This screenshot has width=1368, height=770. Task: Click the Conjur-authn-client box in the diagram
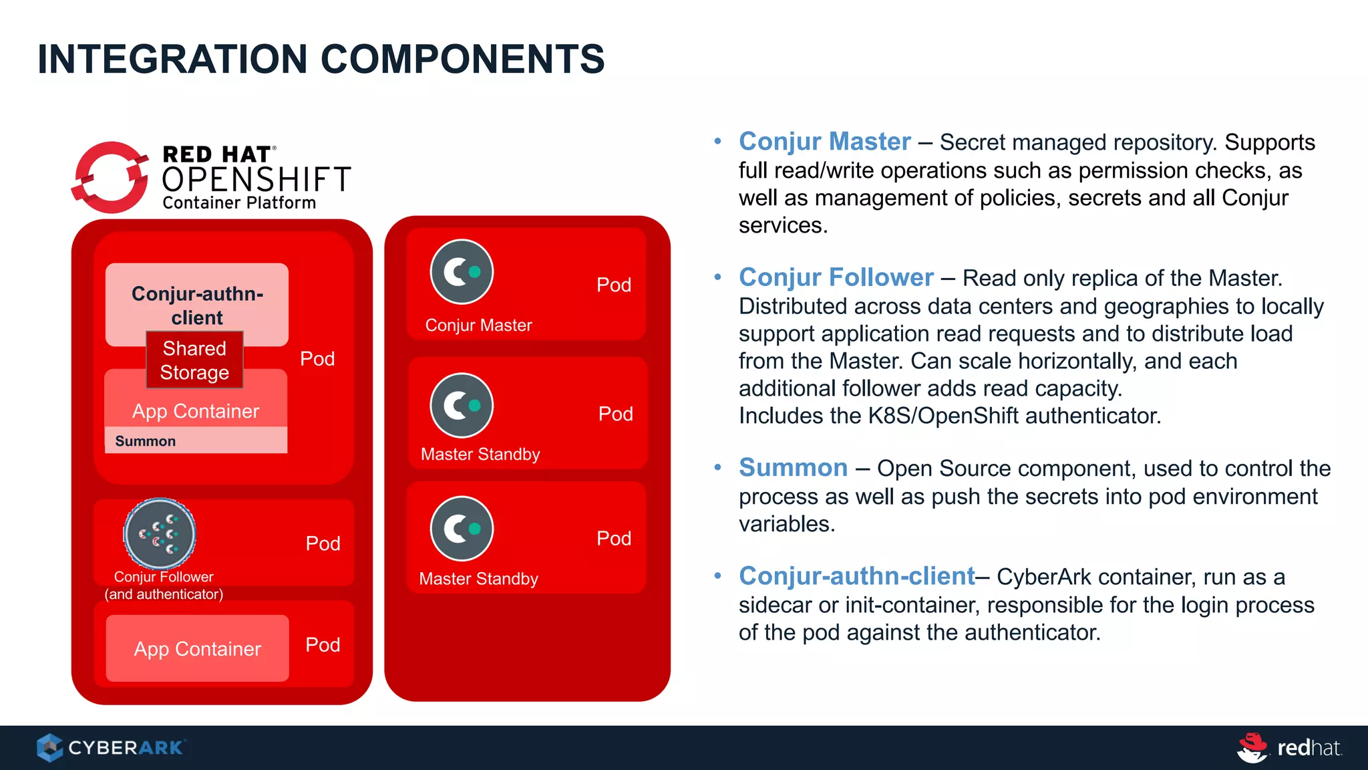click(x=197, y=297)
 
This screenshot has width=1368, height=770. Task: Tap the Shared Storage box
click(x=194, y=360)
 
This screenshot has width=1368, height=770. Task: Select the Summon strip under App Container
click(x=196, y=440)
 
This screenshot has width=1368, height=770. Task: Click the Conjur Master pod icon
click(x=462, y=272)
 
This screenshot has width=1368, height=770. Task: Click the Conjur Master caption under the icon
click(x=478, y=326)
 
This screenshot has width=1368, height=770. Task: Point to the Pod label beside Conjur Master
click(x=613, y=285)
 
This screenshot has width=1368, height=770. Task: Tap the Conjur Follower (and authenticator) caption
click(x=164, y=586)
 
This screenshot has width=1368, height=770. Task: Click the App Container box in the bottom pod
click(x=197, y=648)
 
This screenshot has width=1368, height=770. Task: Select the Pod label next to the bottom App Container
click(x=323, y=644)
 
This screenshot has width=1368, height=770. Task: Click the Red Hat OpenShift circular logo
click(x=110, y=178)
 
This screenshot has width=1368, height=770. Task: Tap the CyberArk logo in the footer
click(x=111, y=747)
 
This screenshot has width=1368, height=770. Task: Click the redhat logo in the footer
click(x=1289, y=747)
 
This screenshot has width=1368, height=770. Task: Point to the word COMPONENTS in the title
click(x=462, y=59)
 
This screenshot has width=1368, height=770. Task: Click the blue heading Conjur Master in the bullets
click(x=824, y=142)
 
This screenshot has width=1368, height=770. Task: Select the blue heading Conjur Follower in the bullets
click(x=836, y=277)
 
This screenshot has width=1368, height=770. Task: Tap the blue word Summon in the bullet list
click(x=793, y=468)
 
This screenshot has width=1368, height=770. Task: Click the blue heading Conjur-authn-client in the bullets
click(x=856, y=576)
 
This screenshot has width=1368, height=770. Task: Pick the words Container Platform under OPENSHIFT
click(x=239, y=203)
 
